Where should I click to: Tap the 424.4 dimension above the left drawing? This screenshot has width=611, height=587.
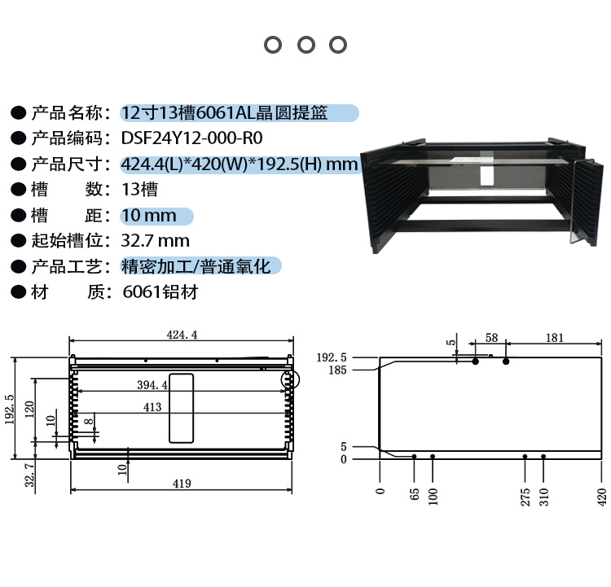(x=182, y=335)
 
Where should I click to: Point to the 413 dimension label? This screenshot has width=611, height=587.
(x=152, y=406)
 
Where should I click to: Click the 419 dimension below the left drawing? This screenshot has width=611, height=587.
(x=181, y=484)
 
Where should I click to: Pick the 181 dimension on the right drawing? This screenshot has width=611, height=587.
(x=554, y=337)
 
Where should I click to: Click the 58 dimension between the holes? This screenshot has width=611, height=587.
(x=491, y=337)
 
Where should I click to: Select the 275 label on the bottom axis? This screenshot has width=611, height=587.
(x=525, y=495)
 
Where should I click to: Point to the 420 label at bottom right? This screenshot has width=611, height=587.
(x=602, y=495)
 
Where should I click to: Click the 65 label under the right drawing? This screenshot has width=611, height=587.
(x=414, y=493)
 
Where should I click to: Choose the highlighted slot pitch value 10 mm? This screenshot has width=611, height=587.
(x=148, y=216)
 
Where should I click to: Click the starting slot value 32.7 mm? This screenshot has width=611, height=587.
(x=155, y=241)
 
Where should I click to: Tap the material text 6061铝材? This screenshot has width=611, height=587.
(x=160, y=291)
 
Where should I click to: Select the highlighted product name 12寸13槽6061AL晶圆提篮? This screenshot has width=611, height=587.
(x=224, y=113)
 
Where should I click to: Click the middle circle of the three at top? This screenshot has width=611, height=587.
(x=305, y=45)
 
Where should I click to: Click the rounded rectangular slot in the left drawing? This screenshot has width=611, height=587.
(x=182, y=409)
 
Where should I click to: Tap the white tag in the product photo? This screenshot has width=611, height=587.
(x=486, y=175)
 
